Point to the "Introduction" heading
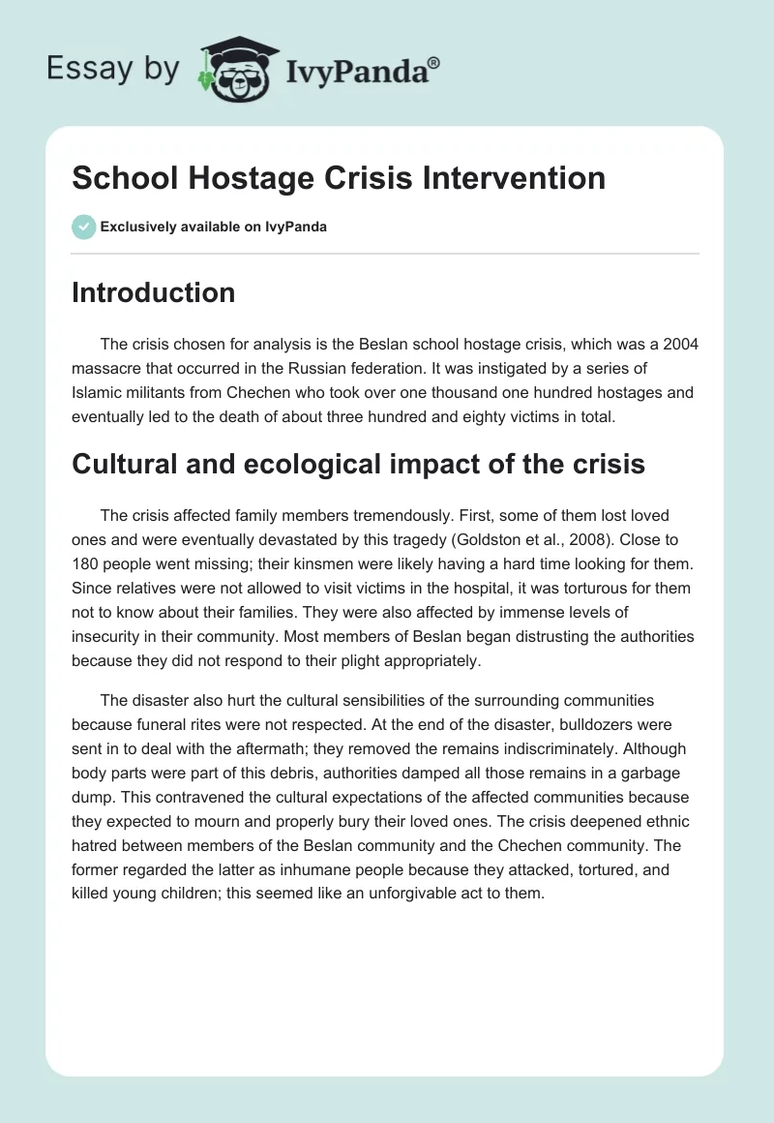[153, 292]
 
